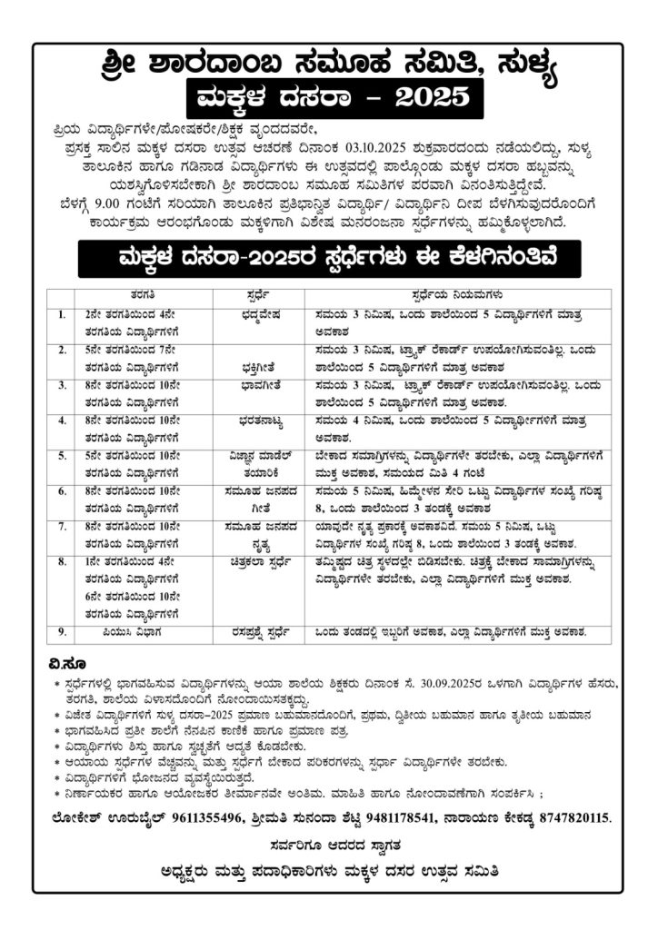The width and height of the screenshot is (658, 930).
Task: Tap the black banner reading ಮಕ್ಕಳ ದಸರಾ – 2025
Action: pyautogui.click(x=328, y=95)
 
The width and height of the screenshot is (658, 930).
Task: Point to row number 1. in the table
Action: pyautogui.click(x=61, y=313)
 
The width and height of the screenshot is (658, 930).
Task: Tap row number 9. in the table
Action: pyautogui.click(x=61, y=630)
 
